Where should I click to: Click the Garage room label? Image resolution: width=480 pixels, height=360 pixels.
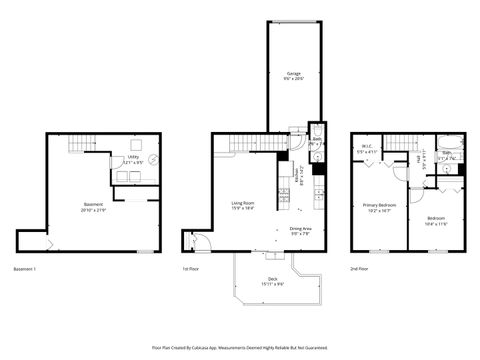(x=293, y=73)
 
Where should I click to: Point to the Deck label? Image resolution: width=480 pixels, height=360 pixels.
(x=272, y=279)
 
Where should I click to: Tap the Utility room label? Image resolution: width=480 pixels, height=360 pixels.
(x=132, y=157)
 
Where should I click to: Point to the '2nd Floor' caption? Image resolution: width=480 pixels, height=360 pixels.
(x=357, y=269)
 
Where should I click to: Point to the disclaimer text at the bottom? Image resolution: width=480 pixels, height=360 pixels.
(x=239, y=348)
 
